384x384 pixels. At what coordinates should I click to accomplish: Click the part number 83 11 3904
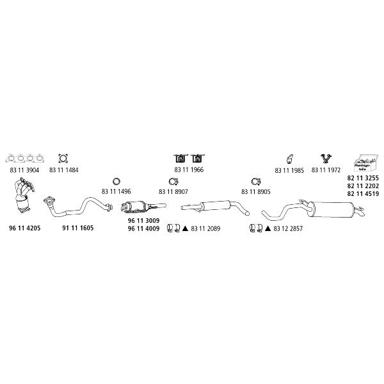pyautogui.click(x=24, y=170)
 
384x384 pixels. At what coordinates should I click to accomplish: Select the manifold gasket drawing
pyautogui.click(x=24, y=159)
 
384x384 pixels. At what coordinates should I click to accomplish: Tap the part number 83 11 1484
pyautogui.click(x=63, y=170)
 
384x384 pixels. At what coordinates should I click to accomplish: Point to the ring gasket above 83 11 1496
pyautogui.click(x=116, y=182)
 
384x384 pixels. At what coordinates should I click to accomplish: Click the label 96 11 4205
pyautogui.click(x=25, y=228)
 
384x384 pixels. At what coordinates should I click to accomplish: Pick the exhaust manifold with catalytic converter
pyautogui.click(x=24, y=195)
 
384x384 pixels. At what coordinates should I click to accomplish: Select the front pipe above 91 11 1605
pyautogui.click(x=78, y=207)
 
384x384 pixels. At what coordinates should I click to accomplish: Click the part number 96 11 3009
pyautogui.click(x=143, y=220)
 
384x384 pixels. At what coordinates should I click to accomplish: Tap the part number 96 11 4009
pyautogui.click(x=143, y=228)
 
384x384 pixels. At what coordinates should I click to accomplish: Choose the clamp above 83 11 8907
pyautogui.click(x=173, y=182)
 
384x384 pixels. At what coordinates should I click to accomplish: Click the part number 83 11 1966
pyautogui.click(x=189, y=170)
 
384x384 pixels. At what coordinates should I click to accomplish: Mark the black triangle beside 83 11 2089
pyautogui.click(x=185, y=228)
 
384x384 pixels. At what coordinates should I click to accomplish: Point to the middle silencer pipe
pyautogui.click(x=215, y=207)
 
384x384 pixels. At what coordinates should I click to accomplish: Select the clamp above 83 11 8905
pyautogui.click(x=256, y=182)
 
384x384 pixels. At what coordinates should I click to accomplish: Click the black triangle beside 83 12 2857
pyautogui.click(x=268, y=228)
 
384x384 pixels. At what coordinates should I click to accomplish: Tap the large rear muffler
pyautogui.click(x=313, y=209)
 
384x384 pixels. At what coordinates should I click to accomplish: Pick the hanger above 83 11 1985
pyautogui.click(x=290, y=159)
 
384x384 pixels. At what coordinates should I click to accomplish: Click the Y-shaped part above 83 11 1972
pyautogui.click(x=326, y=159)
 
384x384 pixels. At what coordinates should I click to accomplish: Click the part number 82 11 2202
pyautogui.click(x=363, y=186)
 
